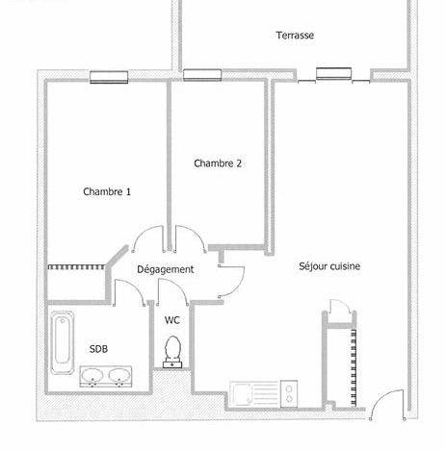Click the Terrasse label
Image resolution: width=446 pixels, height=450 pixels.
tap(295, 35)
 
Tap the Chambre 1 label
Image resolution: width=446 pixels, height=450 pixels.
tap(107, 191)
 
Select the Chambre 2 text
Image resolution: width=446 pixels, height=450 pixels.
tap(218, 163)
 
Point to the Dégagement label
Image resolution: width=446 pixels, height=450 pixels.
tap(166, 269)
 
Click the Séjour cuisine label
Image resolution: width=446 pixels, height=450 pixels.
tap(329, 266)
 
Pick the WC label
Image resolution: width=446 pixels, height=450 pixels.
tap(172, 320)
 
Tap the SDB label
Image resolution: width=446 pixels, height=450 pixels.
tap(98, 349)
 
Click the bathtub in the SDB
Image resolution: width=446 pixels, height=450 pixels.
tap(63, 342)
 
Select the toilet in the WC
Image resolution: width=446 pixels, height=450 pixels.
tap(172, 352)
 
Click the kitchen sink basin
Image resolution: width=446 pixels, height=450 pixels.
tap(242, 393)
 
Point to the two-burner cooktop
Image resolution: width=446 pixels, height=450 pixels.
tap(289, 394)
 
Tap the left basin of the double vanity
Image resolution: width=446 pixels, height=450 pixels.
tap(92, 375)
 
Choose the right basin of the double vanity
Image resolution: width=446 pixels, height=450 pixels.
tap(119, 375)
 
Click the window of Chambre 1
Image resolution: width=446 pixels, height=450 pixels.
tap(109, 77)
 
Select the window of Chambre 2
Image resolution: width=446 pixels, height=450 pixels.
tap(202, 75)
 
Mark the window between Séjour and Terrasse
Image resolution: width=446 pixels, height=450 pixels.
tap(333, 74)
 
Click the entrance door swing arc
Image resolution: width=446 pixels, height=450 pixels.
tap(381, 397)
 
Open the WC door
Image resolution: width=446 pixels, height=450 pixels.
tap(178, 285)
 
